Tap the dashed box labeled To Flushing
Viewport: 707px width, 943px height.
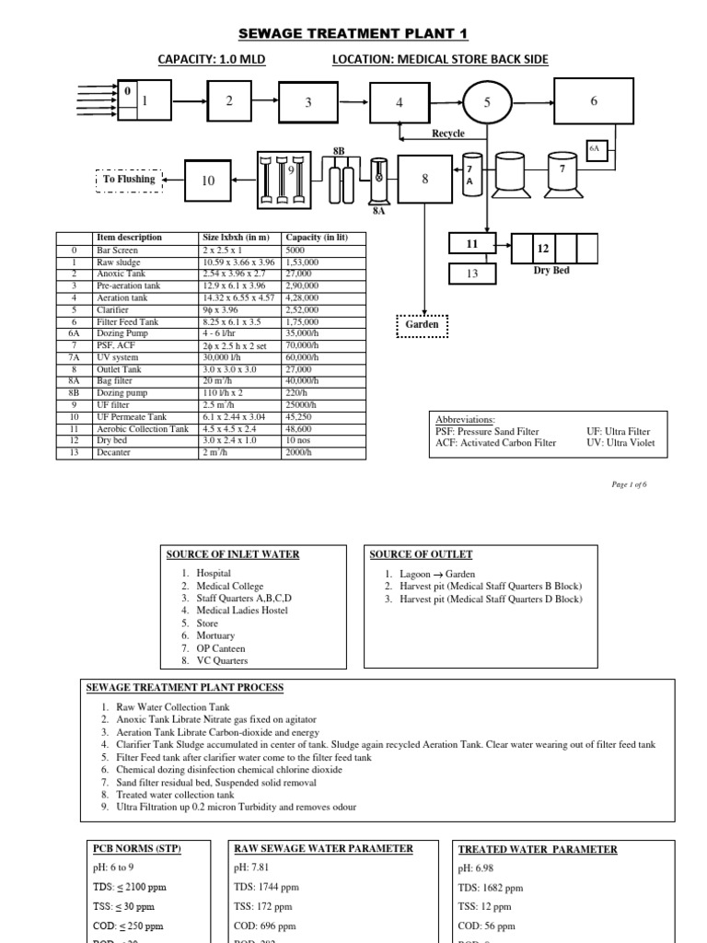point(129,180)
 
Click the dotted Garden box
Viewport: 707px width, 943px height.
point(423,325)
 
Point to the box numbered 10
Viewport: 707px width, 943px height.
point(208,180)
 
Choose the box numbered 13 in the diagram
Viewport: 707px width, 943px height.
point(473,274)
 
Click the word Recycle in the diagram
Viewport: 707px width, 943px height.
point(448,134)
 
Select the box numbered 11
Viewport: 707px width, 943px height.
point(473,244)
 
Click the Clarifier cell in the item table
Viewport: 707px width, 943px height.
point(114,310)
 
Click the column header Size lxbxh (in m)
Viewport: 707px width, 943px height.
point(236,238)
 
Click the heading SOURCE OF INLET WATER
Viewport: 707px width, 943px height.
point(233,554)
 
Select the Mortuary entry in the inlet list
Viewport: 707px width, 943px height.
point(215,635)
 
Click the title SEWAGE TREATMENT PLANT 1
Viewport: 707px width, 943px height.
point(353,34)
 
